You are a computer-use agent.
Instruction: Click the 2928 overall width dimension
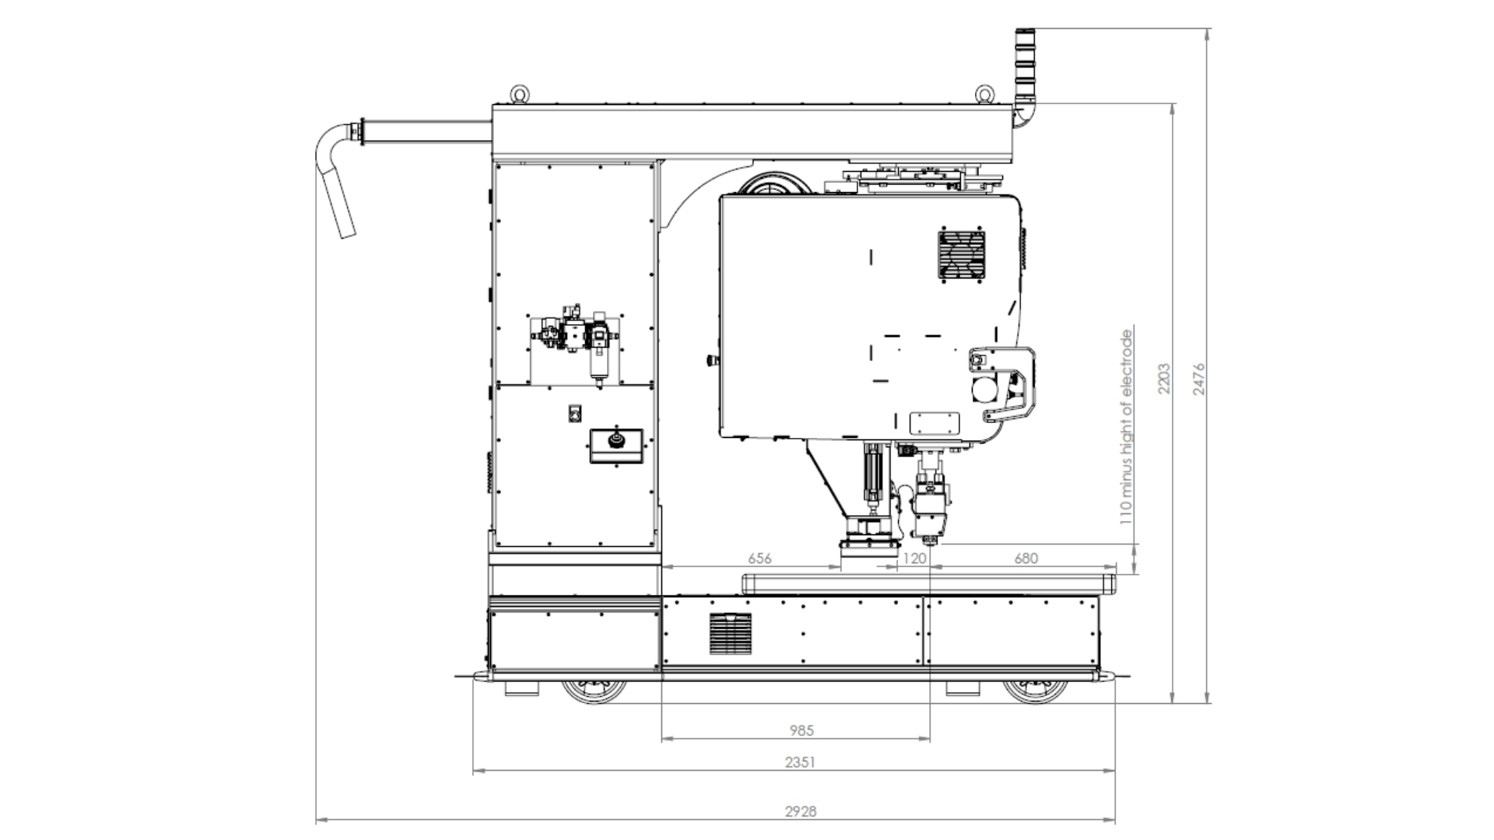[x=800, y=811]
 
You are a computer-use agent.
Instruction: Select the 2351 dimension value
[x=800, y=762]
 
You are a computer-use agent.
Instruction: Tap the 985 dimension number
[x=801, y=730]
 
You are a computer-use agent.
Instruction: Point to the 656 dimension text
[x=759, y=558]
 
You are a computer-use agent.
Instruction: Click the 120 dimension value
[x=915, y=558]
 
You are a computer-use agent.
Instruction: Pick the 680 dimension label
[x=1026, y=558]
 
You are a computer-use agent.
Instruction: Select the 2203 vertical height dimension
[x=1164, y=378]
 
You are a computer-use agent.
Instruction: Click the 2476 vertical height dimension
[x=1198, y=379]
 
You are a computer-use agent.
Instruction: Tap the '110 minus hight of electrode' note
[x=1126, y=427]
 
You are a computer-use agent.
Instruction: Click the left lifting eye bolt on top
[x=519, y=94]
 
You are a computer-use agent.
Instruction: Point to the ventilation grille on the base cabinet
[x=731, y=633]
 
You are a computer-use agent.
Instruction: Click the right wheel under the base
[x=1036, y=691]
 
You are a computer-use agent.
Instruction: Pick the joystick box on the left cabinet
[x=616, y=446]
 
